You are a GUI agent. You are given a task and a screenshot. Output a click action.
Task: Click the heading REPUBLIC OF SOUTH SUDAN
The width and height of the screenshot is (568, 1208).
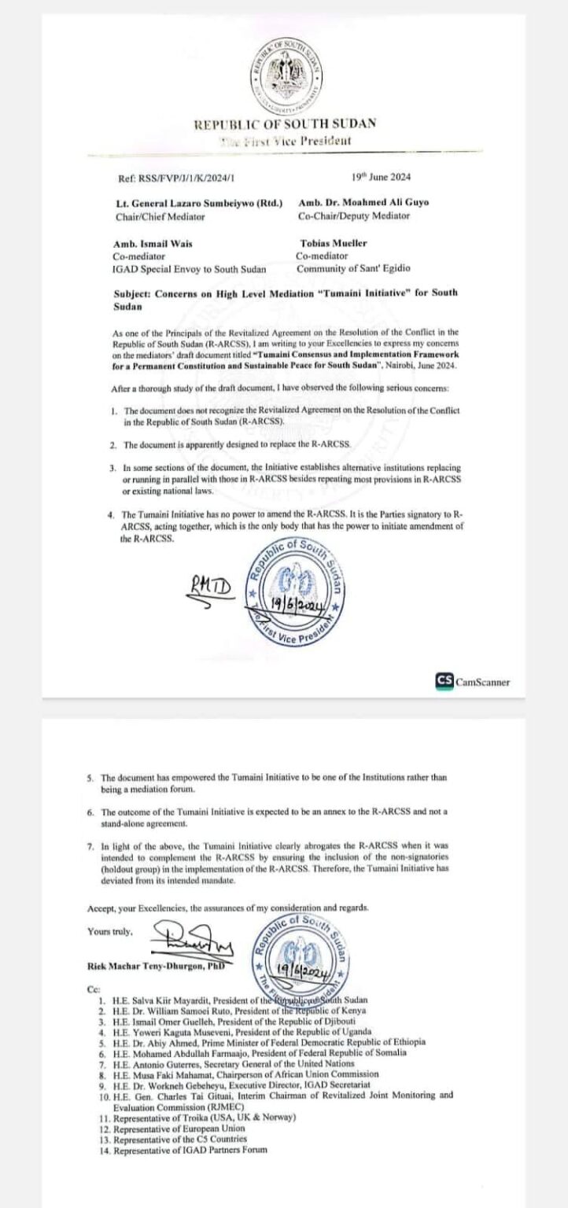coord(284,123)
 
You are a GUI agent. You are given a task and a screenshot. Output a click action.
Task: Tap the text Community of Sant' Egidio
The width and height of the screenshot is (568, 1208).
coord(352,268)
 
